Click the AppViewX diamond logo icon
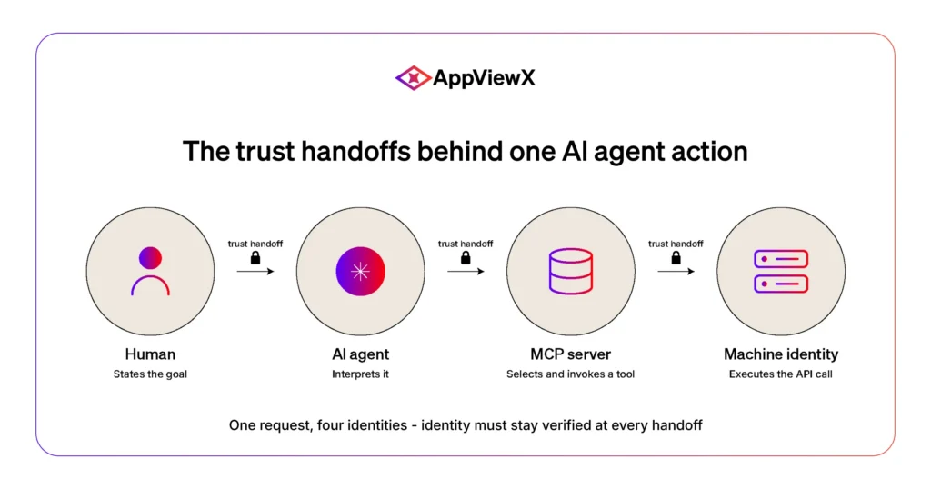point(414,78)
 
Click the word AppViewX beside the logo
point(484,78)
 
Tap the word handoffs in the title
point(355,151)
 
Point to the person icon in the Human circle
point(150,271)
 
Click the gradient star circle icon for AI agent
point(360,271)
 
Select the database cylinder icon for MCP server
point(571,271)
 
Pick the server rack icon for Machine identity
point(781,271)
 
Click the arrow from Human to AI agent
point(255,271)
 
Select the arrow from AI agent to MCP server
point(465,271)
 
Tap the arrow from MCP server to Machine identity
point(676,271)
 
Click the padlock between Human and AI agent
point(255,257)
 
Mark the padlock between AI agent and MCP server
point(465,257)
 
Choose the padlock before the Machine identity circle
point(676,257)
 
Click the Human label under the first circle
point(150,354)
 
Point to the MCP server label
point(571,354)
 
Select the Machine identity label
point(781,354)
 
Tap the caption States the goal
point(150,374)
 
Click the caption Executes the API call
point(781,374)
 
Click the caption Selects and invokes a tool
point(571,374)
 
